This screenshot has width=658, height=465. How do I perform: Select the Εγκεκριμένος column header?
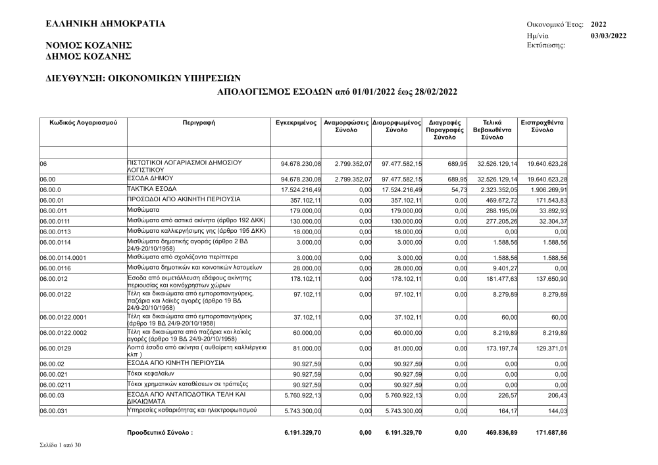point(297,123)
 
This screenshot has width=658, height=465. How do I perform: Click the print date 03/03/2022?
point(609,36)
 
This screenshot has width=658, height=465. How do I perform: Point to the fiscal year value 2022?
point(599,24)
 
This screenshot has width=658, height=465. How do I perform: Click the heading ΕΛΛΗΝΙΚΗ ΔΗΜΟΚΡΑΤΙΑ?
point(105,24)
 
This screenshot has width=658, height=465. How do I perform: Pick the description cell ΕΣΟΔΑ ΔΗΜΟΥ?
point(149,178)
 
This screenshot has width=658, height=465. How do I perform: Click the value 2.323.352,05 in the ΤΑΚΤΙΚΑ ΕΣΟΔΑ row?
point(497,189)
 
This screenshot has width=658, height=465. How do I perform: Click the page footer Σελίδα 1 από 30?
point(61,446)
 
